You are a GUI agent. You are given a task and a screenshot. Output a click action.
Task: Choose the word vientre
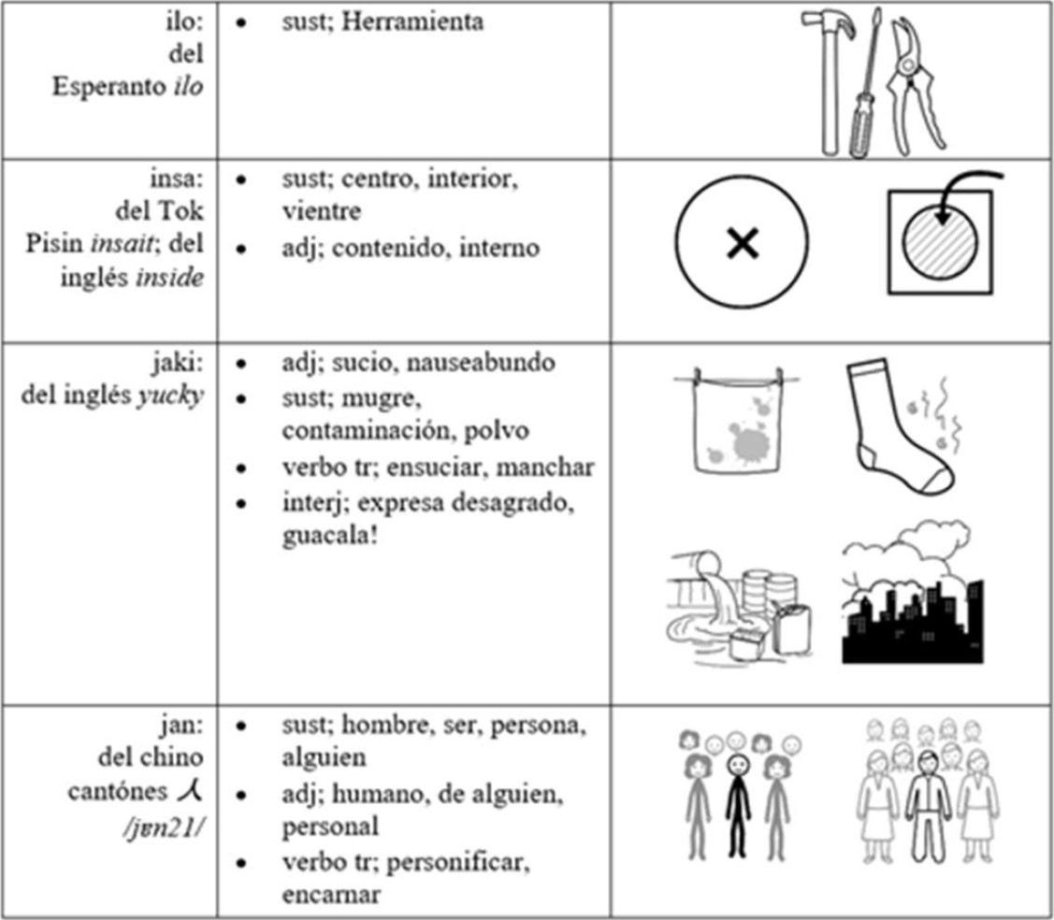pyautogui.click(x=321, y=210)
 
